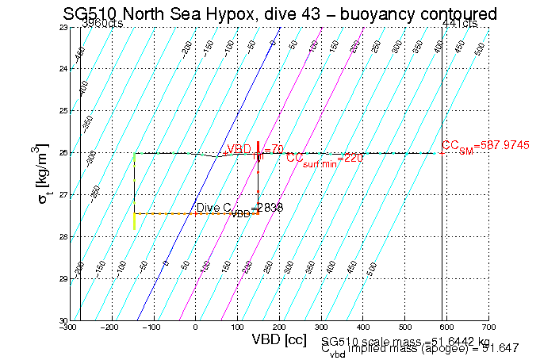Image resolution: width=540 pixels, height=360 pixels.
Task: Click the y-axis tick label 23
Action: point(62,28)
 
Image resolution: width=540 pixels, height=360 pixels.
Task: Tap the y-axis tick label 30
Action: point(62,320)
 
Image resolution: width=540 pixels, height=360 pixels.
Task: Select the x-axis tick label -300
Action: point(69,327)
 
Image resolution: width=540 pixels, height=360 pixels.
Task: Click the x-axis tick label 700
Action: point(489,327)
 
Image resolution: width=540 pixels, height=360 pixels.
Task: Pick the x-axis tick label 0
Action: point(195,327)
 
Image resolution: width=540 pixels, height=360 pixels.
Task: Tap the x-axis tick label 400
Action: point(363,327)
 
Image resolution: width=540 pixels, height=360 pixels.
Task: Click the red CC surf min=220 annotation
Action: point(324,158)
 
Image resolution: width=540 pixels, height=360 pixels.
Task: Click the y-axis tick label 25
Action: point(62,111)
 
